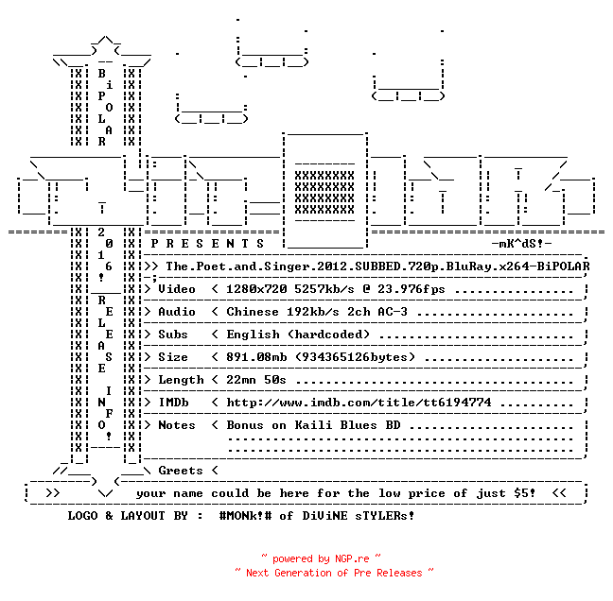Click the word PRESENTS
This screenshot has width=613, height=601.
tap(207, 244)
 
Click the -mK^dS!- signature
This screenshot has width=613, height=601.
tap(521, 244)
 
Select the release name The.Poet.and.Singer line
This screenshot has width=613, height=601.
tap(377, 266)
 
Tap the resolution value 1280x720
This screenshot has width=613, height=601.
tap(256, 289)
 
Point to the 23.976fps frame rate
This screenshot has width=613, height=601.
tap(411, 289)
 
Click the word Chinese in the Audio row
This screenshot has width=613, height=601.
tap(253, 312)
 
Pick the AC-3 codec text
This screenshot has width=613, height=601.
tap(393, 312)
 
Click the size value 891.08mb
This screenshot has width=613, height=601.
tap(256, 357)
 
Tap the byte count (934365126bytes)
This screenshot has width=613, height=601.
tap(355, 357)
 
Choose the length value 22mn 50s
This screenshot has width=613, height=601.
tap(256, 380)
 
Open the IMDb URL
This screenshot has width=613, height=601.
tap(359, 403)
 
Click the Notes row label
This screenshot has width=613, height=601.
tap(176, 425)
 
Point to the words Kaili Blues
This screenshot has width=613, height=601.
tap(336, 425)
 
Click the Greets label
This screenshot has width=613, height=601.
tap(181, 471)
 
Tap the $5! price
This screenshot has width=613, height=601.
tap(525, 493)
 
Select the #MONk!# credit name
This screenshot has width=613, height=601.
tap(245, 515)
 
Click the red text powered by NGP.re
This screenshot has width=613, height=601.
tap(321, 558)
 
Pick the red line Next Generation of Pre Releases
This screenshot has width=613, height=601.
tap(334, 573)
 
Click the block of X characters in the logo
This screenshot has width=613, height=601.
tap(324, 192)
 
